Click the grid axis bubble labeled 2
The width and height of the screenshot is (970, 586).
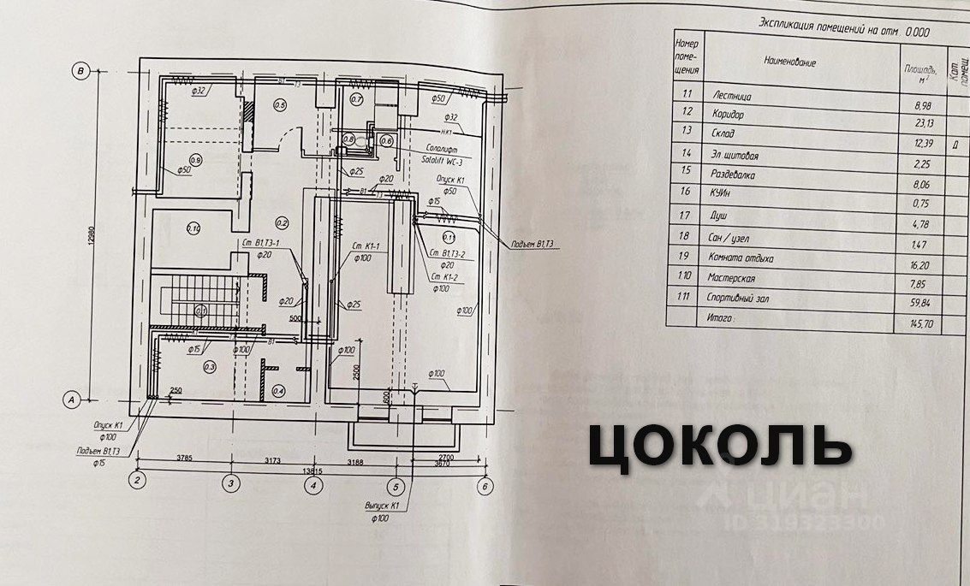(x=137, y=482)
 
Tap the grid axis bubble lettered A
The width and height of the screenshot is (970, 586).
(x=73, y=398)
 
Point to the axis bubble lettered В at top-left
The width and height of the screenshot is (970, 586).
(x=80, y=71)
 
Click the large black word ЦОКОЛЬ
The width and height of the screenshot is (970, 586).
(x=719, y=446)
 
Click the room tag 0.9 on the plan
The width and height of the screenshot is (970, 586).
(x=196, y=160)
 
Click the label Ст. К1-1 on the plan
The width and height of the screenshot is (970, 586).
(x=366, y=247)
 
